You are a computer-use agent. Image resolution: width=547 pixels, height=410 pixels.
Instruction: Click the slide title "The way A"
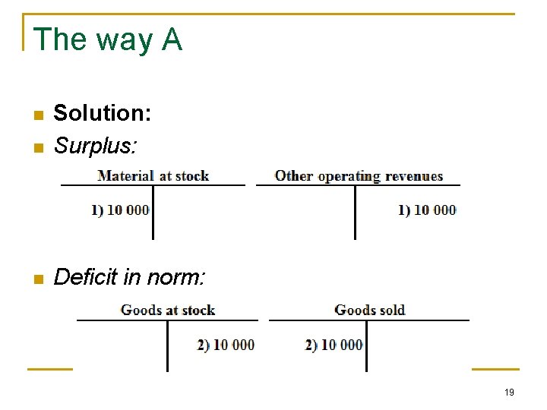tap(108, 39)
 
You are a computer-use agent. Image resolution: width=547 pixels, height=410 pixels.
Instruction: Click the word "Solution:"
tap(103, 114)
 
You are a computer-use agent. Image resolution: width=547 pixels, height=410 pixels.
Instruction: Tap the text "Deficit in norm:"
tap(129, 277)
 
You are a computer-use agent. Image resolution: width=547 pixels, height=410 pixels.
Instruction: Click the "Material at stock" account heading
tap(153, 176)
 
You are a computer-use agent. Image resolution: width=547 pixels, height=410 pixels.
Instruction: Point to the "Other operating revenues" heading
tap(359, 176)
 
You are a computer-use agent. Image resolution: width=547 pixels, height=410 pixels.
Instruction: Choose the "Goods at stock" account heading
tap(168, 310)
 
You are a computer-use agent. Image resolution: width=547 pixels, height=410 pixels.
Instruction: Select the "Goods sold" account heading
tap(370, 310)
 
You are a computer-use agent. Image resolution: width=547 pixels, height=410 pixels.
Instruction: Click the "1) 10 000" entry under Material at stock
tap(121, 210)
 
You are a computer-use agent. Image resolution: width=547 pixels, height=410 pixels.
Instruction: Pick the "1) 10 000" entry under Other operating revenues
tap(427, 210)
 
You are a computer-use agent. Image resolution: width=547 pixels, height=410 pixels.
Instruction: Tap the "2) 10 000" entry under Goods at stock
tap(226, 345)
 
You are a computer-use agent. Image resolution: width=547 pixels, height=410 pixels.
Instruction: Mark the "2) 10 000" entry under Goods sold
tap(334, 345)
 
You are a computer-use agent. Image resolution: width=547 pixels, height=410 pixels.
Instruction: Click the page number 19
tap(509, 393)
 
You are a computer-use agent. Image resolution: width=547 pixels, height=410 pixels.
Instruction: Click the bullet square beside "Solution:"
tap(36, 115)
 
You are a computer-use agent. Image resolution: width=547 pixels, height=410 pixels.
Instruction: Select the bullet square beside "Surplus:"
tap(36, 147)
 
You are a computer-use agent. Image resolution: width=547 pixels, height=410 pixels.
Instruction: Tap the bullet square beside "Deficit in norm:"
tap(36, 279)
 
